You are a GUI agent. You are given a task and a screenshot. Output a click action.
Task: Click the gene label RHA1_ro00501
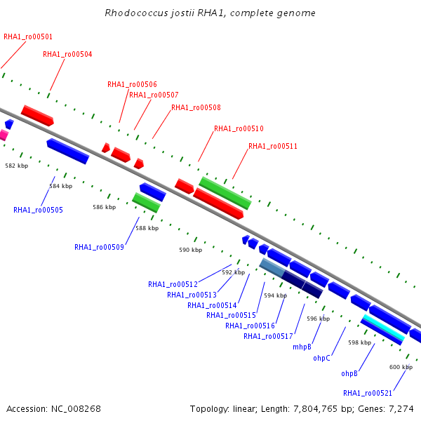click(x=28, y=36)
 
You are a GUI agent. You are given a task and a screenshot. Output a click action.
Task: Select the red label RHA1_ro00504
click(x=67, y=54)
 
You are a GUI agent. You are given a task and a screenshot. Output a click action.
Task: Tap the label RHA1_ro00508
click(x=196, y=107)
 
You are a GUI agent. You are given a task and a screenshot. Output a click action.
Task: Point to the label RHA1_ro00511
click(x=273, y=146)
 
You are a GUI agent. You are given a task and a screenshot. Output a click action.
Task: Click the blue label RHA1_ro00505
click(x=38, y=210)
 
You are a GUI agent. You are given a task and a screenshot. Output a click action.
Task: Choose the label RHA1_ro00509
click(x=99, y=247)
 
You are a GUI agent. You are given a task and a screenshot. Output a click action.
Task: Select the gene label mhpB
click(x=302, y=347)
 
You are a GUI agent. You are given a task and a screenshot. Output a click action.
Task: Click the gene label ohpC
click(x=321, y=358)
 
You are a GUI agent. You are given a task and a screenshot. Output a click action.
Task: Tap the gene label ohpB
click(x=349, y=373)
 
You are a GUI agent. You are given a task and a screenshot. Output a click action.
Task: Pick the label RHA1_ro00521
click(x=368, y=393)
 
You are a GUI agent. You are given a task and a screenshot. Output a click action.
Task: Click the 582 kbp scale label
click(x=17, y=166)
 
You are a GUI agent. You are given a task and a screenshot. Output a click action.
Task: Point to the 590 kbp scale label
click(x=191, y=250)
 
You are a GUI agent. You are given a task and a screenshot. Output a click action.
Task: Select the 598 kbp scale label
click(x=360, y=342)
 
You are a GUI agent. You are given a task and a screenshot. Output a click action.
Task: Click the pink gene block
click(x=4, y=135)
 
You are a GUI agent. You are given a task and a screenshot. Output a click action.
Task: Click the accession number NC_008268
click(x=76, y=409)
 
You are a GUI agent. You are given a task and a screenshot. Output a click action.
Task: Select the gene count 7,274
click(x=401, y=409)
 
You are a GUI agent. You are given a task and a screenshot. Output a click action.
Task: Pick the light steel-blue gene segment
click(x=272, y=268)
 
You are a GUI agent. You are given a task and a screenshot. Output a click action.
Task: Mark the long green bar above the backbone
click(x=225, y=193)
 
